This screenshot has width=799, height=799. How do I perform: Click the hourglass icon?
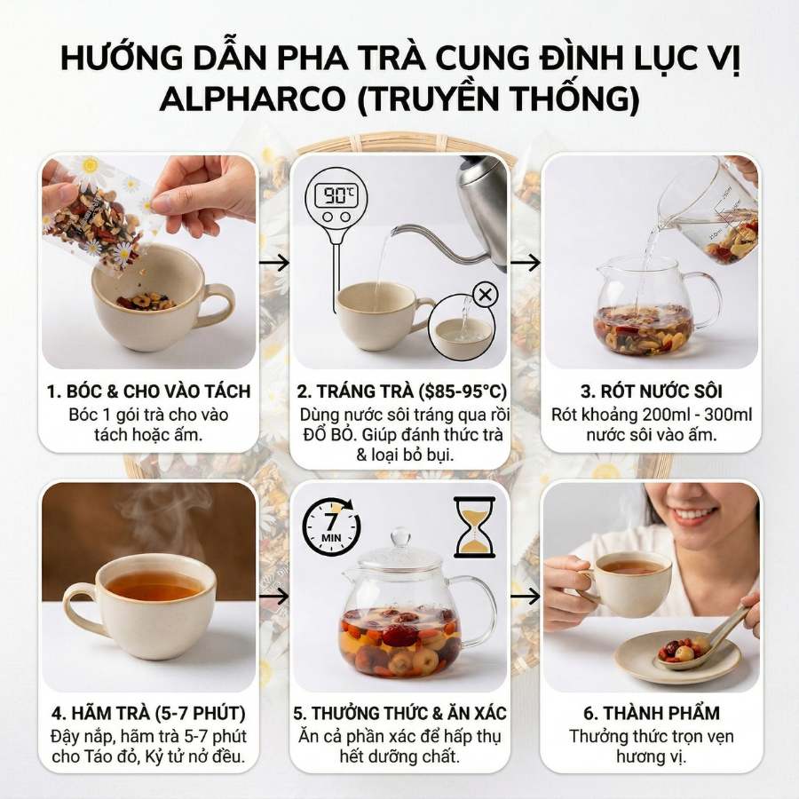click(474, 526)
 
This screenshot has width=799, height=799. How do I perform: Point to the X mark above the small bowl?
click(487, 295)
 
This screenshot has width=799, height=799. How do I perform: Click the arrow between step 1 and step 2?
click(277, 262)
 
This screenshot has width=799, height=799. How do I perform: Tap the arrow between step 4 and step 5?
click(276, 596)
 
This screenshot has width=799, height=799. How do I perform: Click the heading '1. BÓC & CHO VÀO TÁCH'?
click(149, 392)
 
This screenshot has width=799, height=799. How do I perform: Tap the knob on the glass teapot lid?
click(401, 538)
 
